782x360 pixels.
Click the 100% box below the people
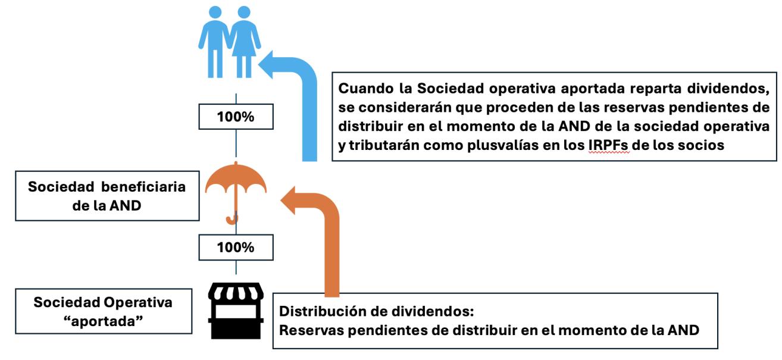[236, 117]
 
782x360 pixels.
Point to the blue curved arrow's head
[269, 64]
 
